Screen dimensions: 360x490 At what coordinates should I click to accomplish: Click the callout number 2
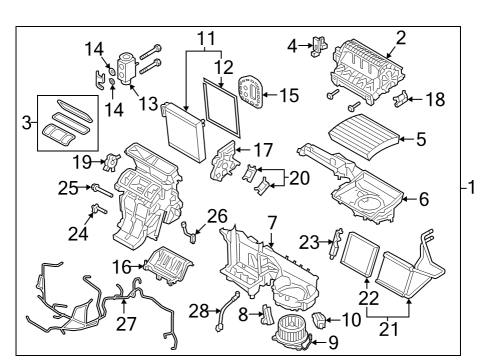401,38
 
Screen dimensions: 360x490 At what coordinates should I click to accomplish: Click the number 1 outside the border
480,187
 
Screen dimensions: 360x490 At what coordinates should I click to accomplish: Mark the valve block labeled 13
127,67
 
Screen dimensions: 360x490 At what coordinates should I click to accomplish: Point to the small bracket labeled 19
114,161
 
